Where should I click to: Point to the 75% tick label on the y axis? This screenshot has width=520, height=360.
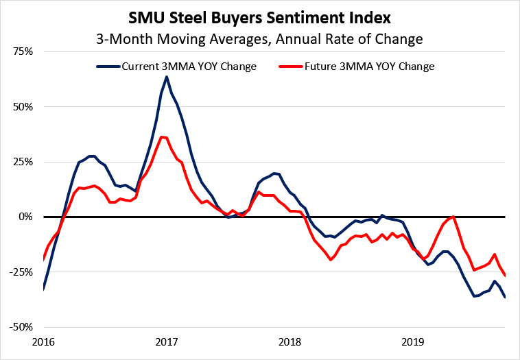(24, 52)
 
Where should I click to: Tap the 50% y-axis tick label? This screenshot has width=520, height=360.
(24, 107)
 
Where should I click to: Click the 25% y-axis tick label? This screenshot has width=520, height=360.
(24, 162)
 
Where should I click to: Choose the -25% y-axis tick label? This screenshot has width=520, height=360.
(23, 272)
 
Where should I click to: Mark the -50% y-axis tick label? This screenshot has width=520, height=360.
(23, 326)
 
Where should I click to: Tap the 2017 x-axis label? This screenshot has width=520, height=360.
(166, 341)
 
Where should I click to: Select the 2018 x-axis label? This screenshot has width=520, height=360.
(289, 341)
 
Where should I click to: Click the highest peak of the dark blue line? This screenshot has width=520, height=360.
(166, 76)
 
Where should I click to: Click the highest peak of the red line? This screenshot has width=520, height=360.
(161, 137)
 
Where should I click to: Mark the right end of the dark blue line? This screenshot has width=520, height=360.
(506, 297)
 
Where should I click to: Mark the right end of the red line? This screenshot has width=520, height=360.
(506, 276)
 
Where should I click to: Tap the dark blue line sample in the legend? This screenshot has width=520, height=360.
(108, 67)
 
